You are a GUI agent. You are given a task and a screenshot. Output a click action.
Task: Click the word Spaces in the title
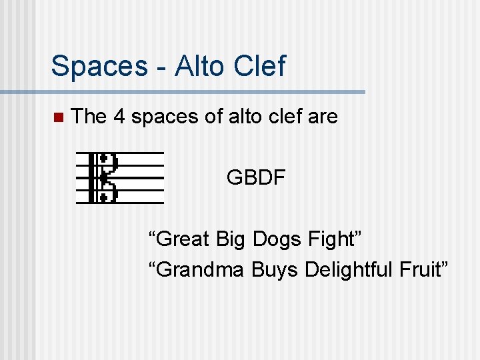tap(98, 67)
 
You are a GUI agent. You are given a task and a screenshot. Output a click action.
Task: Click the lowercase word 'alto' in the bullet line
tap(243, 117)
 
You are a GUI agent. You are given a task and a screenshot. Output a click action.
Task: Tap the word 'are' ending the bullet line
tap(323, 117)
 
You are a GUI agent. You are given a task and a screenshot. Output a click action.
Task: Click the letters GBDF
tap(256, 178)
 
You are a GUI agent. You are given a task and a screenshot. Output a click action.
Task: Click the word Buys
tap(277, 270)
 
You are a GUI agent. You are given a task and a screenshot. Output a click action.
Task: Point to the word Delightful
tap(345, 270)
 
